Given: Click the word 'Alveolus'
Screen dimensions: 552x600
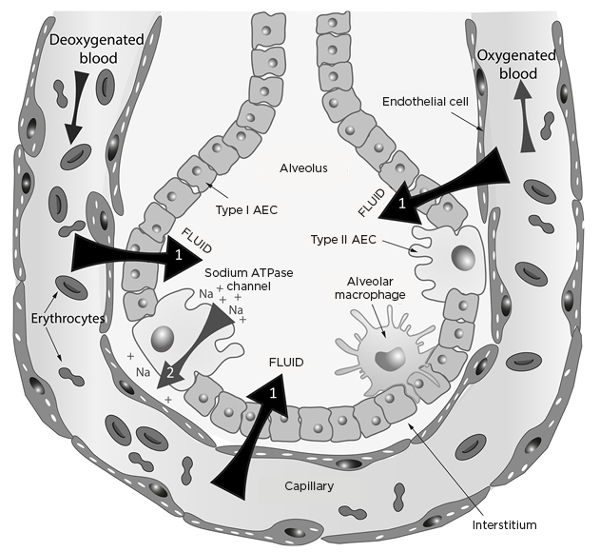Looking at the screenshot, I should pos(303,168).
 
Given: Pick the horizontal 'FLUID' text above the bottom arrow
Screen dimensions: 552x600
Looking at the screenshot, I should pos(286,363).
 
